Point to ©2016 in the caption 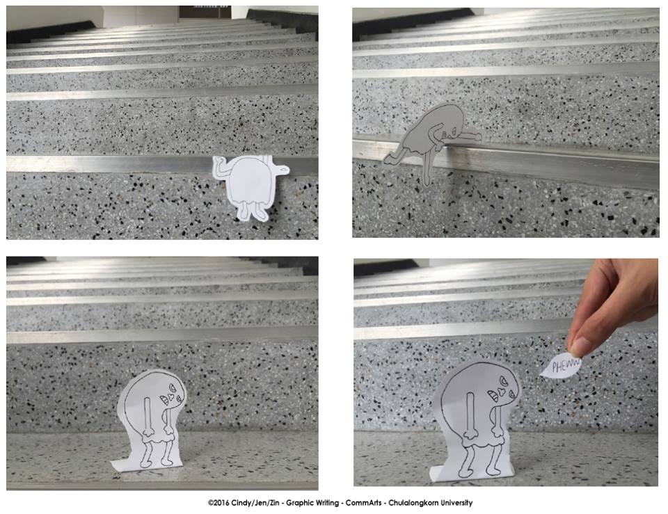click(x=218, y=503)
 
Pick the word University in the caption click(x=456, y=503)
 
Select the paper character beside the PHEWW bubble click(x=476, y=421)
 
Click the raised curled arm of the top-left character click(x=223, y=168)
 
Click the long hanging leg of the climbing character click(x=428, y=167)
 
